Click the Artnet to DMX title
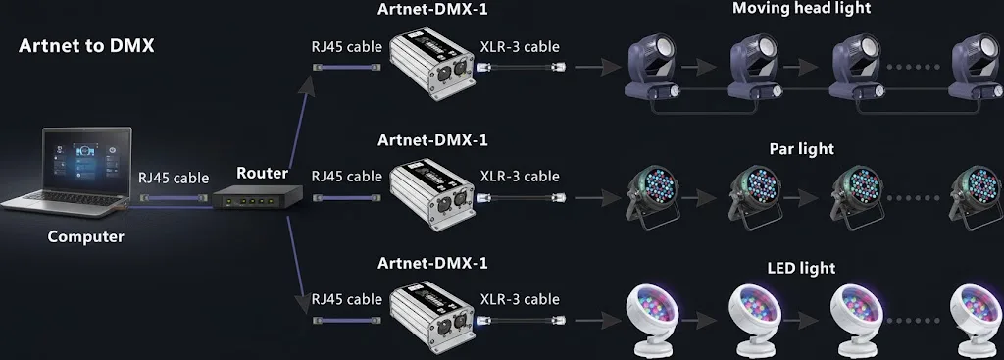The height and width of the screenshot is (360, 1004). pyautogui.click(x=86, y=46)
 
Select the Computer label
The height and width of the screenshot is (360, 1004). pyautogui.click(x=86, y=237)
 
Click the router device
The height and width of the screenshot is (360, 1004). pyautogui.click(x=257, y=196)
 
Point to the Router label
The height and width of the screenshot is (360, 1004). pyautogui.click(x=263, y=173)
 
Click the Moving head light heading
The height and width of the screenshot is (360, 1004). pyautogui.click(x=802, y=8)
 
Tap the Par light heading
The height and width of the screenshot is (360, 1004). pyautogui.click(x=802, y=149)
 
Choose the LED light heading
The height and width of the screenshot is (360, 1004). pyautogui.click(x=802, y=268)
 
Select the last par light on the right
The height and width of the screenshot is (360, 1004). pyautogui.click(x=976, y=196)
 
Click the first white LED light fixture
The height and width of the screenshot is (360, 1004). pyautogui.click(x=653, y=320)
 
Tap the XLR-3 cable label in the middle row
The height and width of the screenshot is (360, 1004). pyautogui.click(x=520, y=177)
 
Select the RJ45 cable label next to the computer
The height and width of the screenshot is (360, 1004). pyautogui.click(x=174, y=179)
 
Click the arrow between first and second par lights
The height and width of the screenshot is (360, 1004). pyautogui.click(x=698, y=198)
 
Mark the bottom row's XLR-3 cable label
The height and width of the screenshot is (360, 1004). pyautogui.click(x=520, y=300)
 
